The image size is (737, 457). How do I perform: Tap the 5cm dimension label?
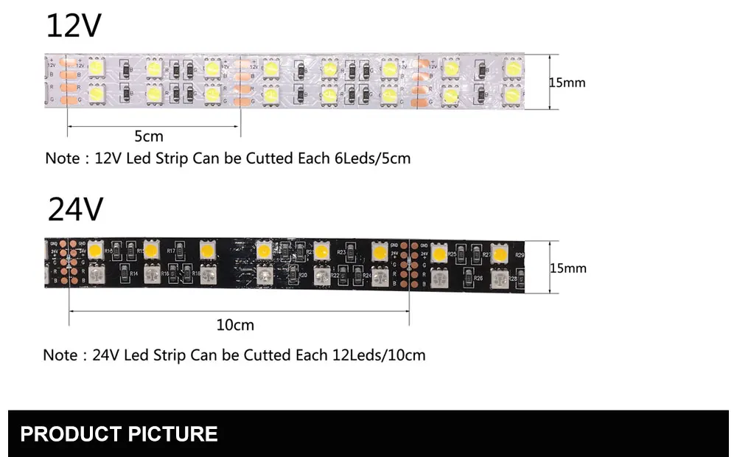[x=148, y=136]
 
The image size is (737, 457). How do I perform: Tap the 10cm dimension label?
[x=236, y=325]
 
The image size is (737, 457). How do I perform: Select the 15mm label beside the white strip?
[x=567, y=82]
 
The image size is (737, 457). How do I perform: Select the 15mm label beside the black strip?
[x=567, y=268]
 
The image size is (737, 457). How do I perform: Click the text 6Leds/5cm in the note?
[x=371, y=158]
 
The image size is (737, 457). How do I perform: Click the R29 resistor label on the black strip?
[x=520, y=255]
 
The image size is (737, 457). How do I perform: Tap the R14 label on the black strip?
[x=134, y=274]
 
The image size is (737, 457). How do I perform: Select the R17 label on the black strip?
[x=171, y=251]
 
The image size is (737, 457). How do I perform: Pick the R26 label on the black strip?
[x=478, y=278]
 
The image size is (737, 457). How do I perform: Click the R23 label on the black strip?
[x=341, y=252]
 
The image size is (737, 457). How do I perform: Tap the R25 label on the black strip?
[x=452, y=254]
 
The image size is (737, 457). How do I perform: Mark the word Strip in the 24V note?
[x=170, y=355]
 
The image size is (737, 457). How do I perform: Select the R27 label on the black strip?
[x=486, y=254]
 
